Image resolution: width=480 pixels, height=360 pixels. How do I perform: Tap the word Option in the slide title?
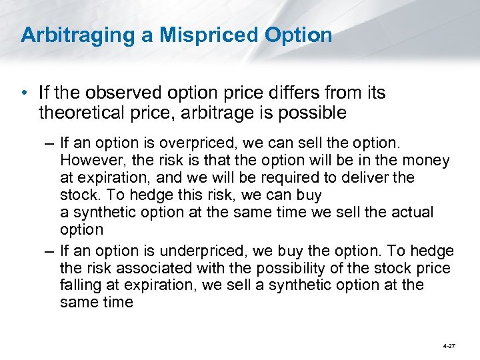pos(301,35)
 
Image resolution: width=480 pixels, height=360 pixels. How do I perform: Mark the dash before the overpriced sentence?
pos(48,143)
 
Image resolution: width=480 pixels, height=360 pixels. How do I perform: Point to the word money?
pos(426,160)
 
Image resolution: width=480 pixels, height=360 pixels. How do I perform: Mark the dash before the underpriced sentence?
pos(48,251)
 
